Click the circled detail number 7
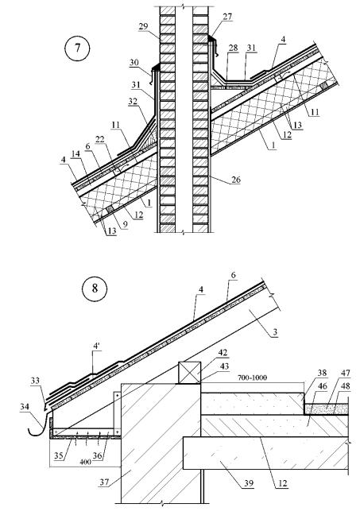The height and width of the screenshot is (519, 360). tap(76, 48)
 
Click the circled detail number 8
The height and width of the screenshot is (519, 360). tap(95, 289)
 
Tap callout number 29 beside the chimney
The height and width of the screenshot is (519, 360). tap(143, 26)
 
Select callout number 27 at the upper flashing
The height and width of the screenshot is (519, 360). tap(227, 17)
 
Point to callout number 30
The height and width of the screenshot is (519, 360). tap(134, 63)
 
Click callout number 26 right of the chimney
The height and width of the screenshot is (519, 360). tap(236, 180)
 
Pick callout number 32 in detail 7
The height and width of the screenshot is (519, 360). tap(133, 101)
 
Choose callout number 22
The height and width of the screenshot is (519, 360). tap(99, 140)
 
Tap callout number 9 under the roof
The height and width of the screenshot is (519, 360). tap(125, 224)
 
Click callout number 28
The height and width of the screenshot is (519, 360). tap(233, 48)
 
